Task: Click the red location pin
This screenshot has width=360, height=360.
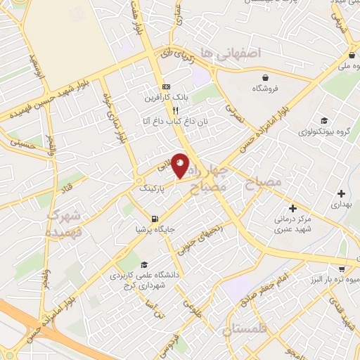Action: tap(180, 165)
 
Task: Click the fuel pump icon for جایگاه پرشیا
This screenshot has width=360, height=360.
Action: tap(155, 218)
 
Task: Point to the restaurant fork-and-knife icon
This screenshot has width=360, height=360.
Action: tap(176, 110)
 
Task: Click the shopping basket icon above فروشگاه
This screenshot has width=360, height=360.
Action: tap(264, 78)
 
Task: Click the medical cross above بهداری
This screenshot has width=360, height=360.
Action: tap(341, 193)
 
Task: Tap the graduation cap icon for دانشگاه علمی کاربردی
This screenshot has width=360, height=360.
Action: tap(144, 265)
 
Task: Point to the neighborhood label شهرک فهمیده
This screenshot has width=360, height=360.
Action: tap(65, 222)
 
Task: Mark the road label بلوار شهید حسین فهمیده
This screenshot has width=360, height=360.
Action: tap(42, 103)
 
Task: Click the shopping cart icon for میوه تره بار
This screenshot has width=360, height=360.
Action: tap(341, 268)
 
